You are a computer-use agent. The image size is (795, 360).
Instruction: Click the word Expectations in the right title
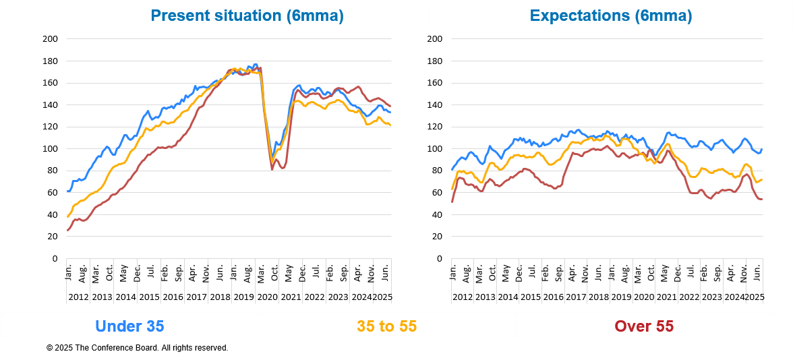[x=580, y=16]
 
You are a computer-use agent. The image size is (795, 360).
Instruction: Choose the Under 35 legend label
[x=129, y=326]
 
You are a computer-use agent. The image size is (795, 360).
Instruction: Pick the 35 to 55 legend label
[x=386, y=326]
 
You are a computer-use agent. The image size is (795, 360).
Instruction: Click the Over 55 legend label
[x=644, y=326]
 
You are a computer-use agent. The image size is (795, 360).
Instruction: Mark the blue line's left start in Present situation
[x=67, y=191]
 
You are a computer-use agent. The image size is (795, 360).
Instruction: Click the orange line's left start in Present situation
[x=67, y=216]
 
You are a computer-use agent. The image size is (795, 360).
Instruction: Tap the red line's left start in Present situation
[x=67, y=231]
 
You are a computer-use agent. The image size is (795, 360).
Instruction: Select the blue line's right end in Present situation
[x=391, y=113]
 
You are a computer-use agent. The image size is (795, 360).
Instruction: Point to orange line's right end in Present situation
[x=391, y=125]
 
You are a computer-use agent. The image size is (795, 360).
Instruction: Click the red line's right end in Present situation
[x=391, y=106]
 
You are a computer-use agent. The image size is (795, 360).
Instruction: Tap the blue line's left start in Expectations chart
[x=452, y=169]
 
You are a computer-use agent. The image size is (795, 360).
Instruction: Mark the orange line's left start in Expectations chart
[x=452, y=189]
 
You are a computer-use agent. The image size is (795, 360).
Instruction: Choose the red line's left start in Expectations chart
[x=452, y=201]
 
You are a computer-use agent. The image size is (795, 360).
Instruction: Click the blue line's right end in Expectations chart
[x=762, y=150]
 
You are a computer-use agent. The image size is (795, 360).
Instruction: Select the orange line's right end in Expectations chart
[x=762, y=180]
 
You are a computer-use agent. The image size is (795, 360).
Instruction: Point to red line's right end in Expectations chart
[x=762, y=199]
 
